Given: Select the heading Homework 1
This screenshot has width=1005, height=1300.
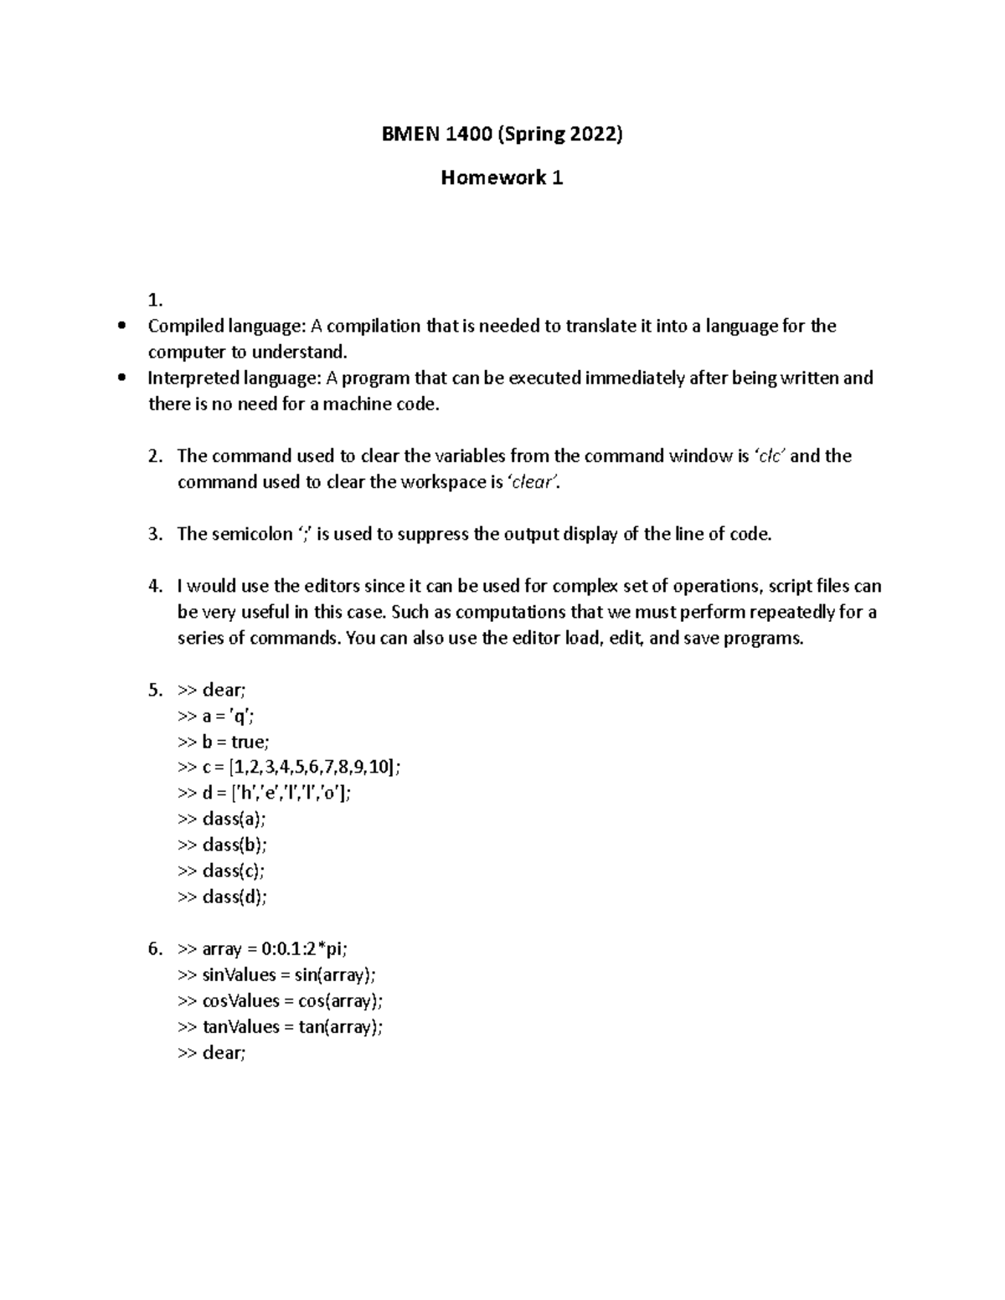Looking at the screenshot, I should [502, 177].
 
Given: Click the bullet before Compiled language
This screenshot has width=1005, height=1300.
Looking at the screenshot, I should [122, 326].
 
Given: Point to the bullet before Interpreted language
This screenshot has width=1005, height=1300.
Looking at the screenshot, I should [122, 378].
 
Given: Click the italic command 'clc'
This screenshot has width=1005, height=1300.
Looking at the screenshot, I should [770, 456].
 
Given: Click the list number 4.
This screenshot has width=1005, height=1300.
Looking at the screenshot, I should [154, 586].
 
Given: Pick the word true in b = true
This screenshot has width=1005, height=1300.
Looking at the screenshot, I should [249, 742].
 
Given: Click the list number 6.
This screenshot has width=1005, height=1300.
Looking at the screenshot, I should [154, 949].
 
